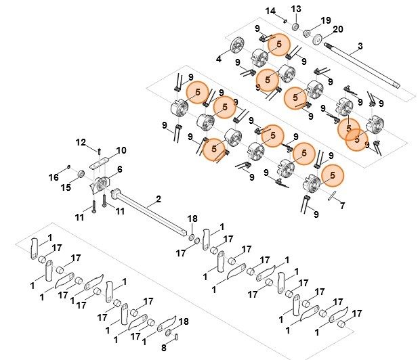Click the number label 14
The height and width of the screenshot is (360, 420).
[271, 11]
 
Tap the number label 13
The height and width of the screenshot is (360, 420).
[295, 8]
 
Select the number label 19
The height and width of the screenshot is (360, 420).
[326, 20]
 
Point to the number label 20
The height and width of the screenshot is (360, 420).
[338, 29]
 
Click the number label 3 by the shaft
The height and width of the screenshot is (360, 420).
[360, 45]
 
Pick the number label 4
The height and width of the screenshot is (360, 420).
[219, 59]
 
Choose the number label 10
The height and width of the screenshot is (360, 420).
[121, 150]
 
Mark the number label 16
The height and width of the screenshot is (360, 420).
[54, 177]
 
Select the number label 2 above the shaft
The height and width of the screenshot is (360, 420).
[159, 199]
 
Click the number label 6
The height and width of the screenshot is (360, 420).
[120, 169]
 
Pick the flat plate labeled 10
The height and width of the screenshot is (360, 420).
[100, 161]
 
